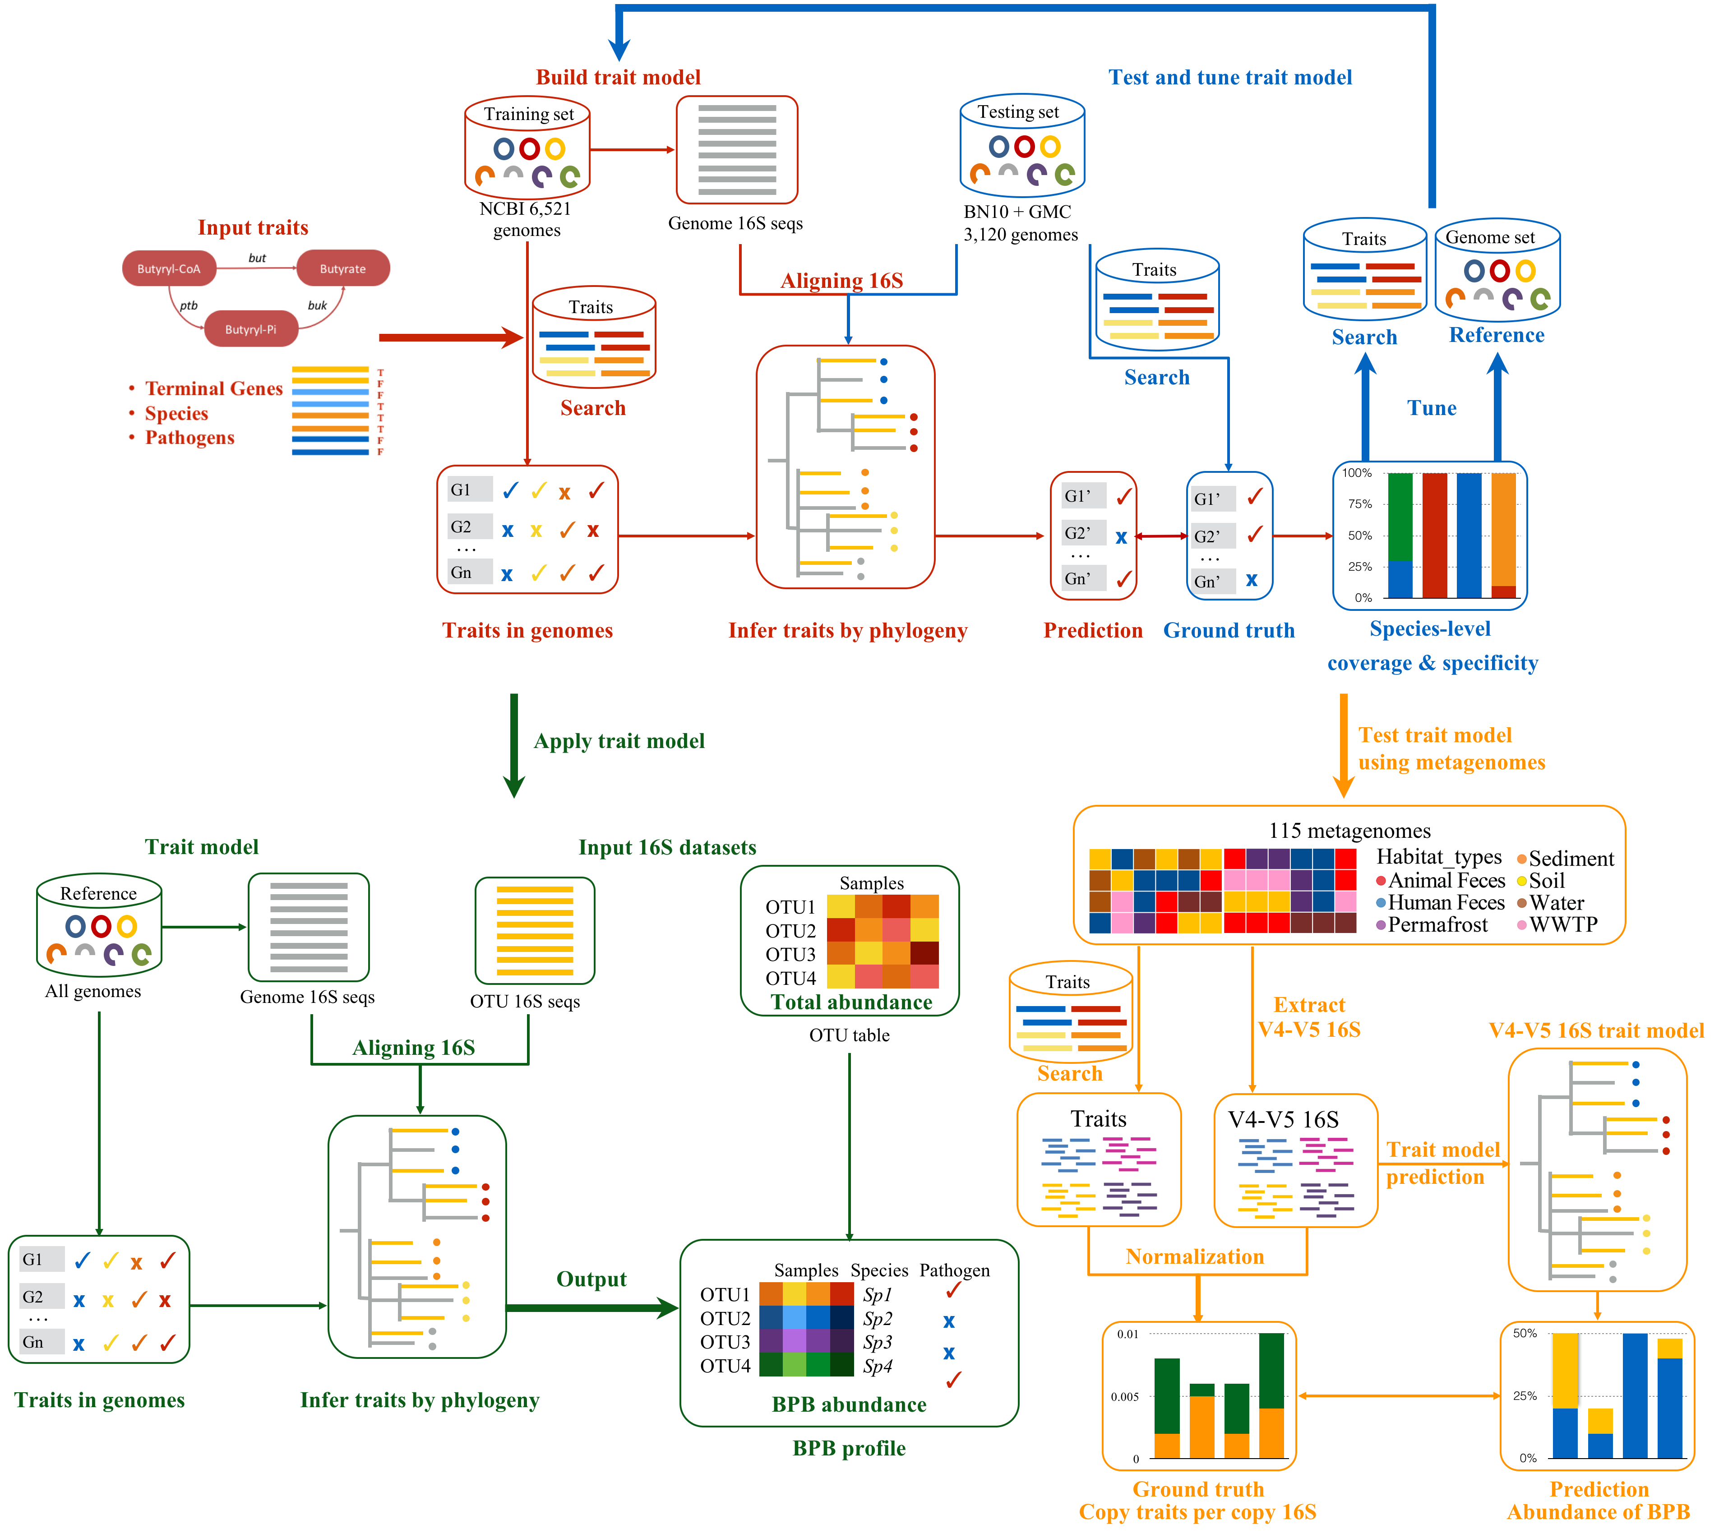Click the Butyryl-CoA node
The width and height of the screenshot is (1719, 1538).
(169, 269)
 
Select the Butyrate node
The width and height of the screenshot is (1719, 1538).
(342, 269)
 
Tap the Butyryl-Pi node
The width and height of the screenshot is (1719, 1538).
(251, 329)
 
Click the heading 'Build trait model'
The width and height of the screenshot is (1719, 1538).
(618, 77)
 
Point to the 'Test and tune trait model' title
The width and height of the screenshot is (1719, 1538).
(1229, 77)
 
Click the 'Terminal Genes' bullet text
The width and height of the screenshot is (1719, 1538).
(214, 389)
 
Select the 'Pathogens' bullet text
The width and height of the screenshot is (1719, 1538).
(189, 438)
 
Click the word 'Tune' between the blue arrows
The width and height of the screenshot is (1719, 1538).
(1432, 408)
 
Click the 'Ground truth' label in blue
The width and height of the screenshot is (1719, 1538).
(1229, 630)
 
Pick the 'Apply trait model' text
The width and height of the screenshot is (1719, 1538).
(619, 741)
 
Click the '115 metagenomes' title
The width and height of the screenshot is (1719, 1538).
(1349, 831)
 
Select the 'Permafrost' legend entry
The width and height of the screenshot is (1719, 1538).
(1437, 924)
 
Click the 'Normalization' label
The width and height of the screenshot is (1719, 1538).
(1194, 1256)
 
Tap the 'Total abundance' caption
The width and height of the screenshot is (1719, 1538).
(851, 1002)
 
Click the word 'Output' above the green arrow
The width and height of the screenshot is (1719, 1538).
(591, 1279)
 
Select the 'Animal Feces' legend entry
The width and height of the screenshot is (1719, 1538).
(1446, 881)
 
